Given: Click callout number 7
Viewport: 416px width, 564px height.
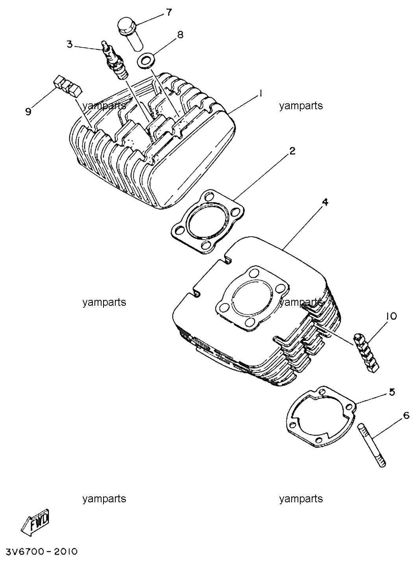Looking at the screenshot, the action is [169, 12].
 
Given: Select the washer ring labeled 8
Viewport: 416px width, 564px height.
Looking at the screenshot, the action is [146, 61].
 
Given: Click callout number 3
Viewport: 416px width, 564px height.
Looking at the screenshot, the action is [70, 44].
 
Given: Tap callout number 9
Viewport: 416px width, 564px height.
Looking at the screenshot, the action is [28, 111].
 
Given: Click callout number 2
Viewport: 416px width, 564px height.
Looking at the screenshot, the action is [292, 151].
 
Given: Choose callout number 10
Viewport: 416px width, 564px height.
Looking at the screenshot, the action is [390, 316].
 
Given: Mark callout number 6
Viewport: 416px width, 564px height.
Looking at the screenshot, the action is [407, 416].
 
